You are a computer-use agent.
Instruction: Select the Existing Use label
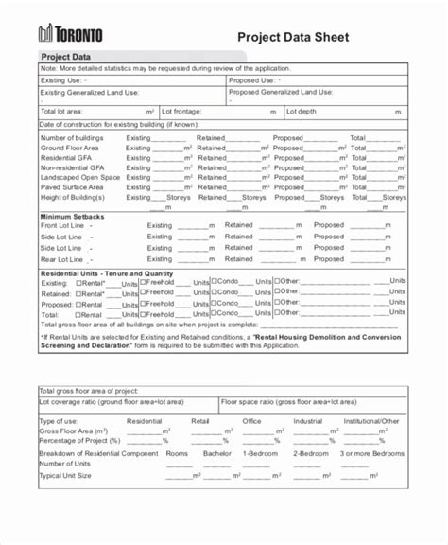click(x=61, y=80)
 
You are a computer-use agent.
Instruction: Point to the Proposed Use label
click(x=253, y=80)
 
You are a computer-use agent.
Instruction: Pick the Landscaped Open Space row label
click(x=80, y=177)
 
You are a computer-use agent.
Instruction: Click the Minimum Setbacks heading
click(x=72, y=217)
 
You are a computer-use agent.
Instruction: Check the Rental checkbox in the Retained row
click(x=78, y=293)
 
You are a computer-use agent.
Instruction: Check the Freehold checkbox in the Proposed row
click(x=142, y=305)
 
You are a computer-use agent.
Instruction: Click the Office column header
click(x=251, y=420)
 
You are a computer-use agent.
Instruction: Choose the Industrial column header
click(x=307, y=420)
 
